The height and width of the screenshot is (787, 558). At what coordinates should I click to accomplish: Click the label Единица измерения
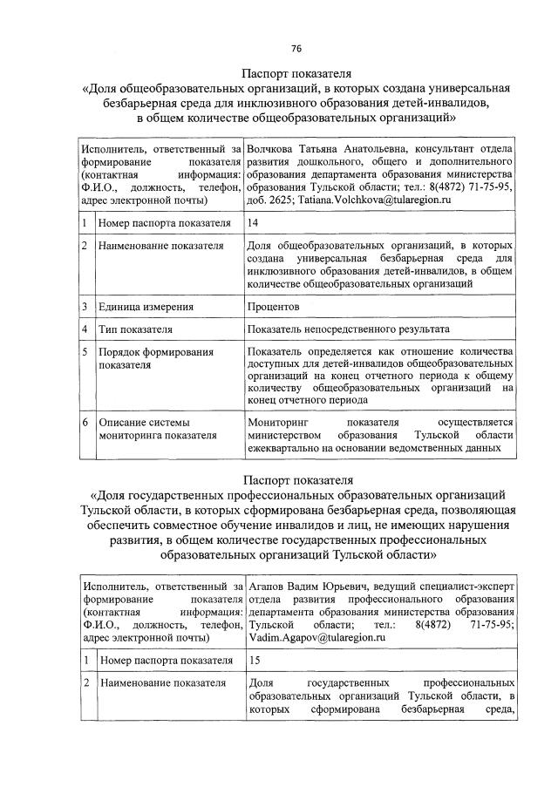coord(146,307)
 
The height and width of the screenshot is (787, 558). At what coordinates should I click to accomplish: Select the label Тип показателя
coord(135,330)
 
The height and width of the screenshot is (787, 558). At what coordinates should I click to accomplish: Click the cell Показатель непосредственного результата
coord(348,330)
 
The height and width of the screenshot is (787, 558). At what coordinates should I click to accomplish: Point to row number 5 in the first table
coord(85,352)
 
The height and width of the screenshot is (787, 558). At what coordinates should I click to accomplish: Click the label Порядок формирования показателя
coord(143,358)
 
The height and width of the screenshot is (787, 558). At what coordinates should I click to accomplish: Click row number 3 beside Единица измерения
coord(85,307)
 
